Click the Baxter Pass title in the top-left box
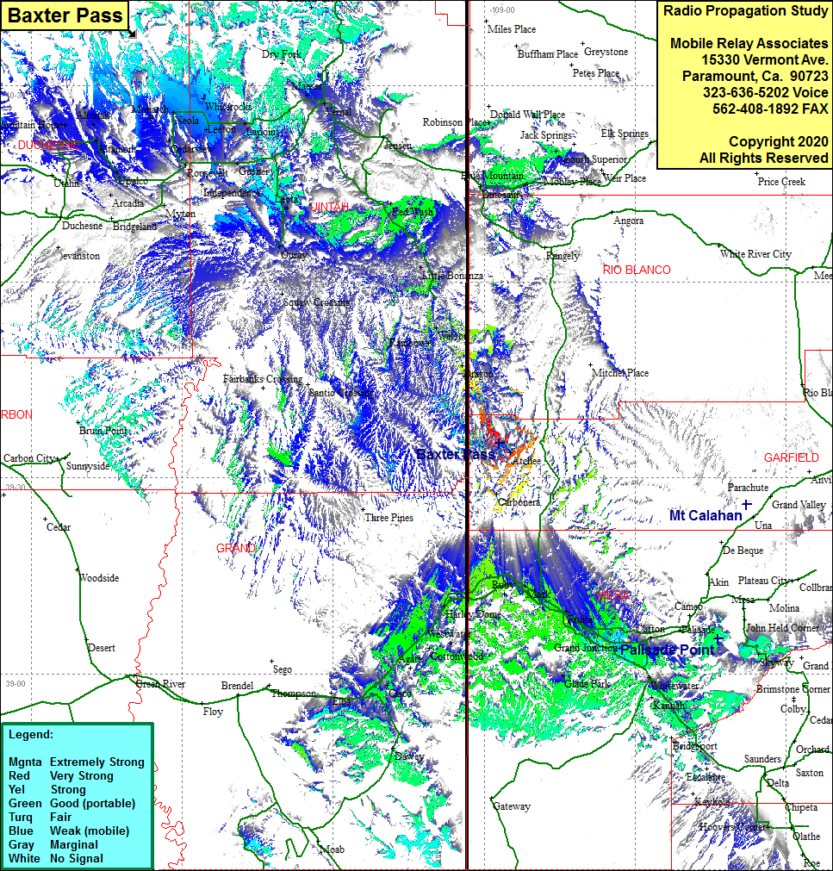(x=65, y=16)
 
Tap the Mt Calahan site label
(x=706, y=515)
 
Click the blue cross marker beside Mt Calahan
(x=747, y=503)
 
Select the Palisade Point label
(x=668, y=650)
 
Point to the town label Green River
(x=160, y=684)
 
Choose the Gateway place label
(x=512, y=806)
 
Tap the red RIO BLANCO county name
(x=637, y=270)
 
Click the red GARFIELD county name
(x=792, y=457)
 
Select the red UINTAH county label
(x=330, y=208)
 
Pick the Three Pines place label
(x=389, y=518)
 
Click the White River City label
(x=755, y=254)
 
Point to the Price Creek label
(x=781, y=182)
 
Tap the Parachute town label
(x=748, y=487)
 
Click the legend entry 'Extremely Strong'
(x=96, y=762)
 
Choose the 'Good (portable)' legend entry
(x=92, y=803)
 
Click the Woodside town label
(x=99, y=578)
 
